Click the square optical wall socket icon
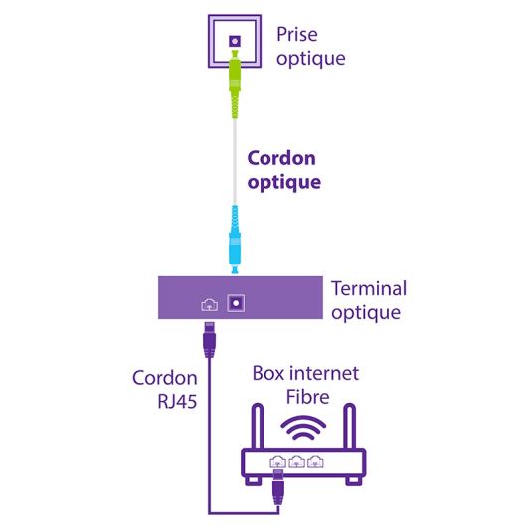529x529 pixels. click(235, 41)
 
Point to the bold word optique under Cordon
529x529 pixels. click(283, 182)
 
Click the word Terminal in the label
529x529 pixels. click(368, 289)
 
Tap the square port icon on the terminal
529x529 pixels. click(237, 303)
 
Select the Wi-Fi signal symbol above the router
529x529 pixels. click(304, 429)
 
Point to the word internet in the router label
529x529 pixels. click(324, 375)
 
